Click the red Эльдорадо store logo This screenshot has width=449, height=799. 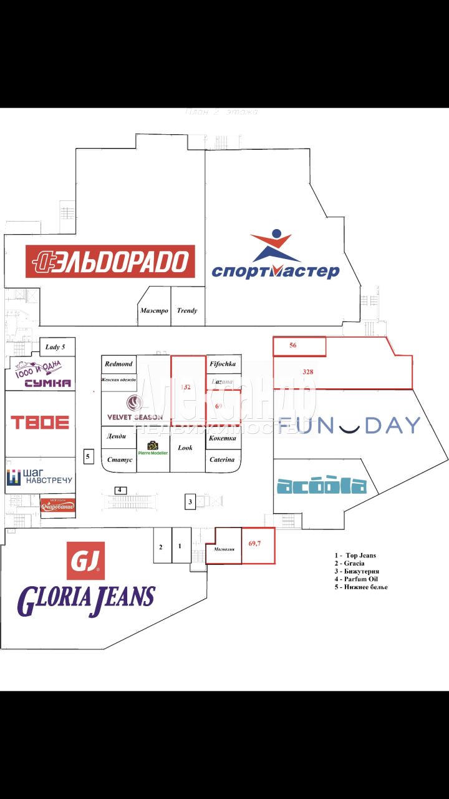point(110,261)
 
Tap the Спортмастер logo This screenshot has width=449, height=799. point(275,256)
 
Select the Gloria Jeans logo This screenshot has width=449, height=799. point(86,581)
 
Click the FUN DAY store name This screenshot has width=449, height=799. point(350,425)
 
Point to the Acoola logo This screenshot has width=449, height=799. point(321,485)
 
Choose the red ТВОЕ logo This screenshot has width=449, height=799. point(40,422)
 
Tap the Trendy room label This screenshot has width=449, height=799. point(187,310)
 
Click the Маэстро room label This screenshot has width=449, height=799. point(154,310)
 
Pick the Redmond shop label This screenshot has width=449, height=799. point(118,363)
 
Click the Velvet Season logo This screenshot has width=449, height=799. point(135,409)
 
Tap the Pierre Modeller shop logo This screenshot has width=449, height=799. point(153,448)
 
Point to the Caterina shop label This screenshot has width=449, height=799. point(223,459)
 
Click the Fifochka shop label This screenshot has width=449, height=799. point(223,363)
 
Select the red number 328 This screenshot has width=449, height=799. point(307,372)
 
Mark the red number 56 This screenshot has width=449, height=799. point(292,345)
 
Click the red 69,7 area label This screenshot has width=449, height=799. point(254,544)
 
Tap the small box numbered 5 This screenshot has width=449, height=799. point(88,457)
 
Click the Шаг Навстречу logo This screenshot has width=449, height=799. point(40,478)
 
